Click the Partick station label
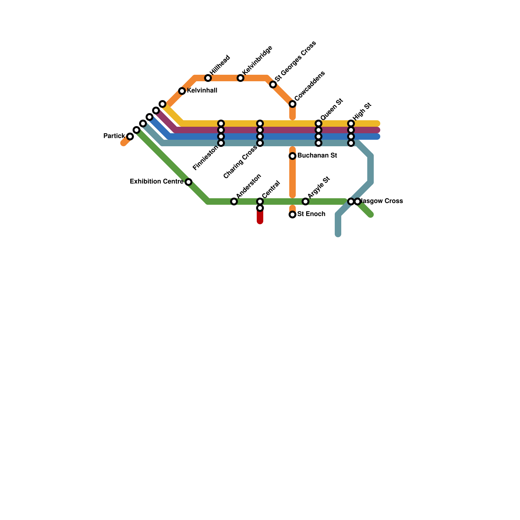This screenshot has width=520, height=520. [x=114, y=136]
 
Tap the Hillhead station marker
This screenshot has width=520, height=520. [x=208, y=78]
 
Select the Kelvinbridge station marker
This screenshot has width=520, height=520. [x=240, y=78]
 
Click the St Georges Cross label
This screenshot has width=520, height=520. [x=295, y=61]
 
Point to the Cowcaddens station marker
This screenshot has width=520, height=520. [x=292, y=104]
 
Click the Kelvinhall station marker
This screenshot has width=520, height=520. [x=182, y=91]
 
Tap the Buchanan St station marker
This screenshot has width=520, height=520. [x=292, y=156]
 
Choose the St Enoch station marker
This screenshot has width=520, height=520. [x=292, y=214]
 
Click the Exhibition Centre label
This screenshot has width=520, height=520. [x=157, y=181]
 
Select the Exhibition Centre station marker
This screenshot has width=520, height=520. [x=188, y=182]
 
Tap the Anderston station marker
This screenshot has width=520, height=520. [x=234, y=201]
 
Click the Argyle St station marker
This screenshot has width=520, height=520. [x=305, y=201]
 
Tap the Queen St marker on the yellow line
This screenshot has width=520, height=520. [x=318, y=123]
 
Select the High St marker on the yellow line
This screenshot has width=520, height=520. [x=351, y=123]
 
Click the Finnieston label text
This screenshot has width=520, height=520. [x=205, y=158]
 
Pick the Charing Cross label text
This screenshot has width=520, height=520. [x=240, y=162]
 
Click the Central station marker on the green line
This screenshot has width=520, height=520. [x=260, y=201]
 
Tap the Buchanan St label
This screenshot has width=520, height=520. [x=317, y=155]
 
